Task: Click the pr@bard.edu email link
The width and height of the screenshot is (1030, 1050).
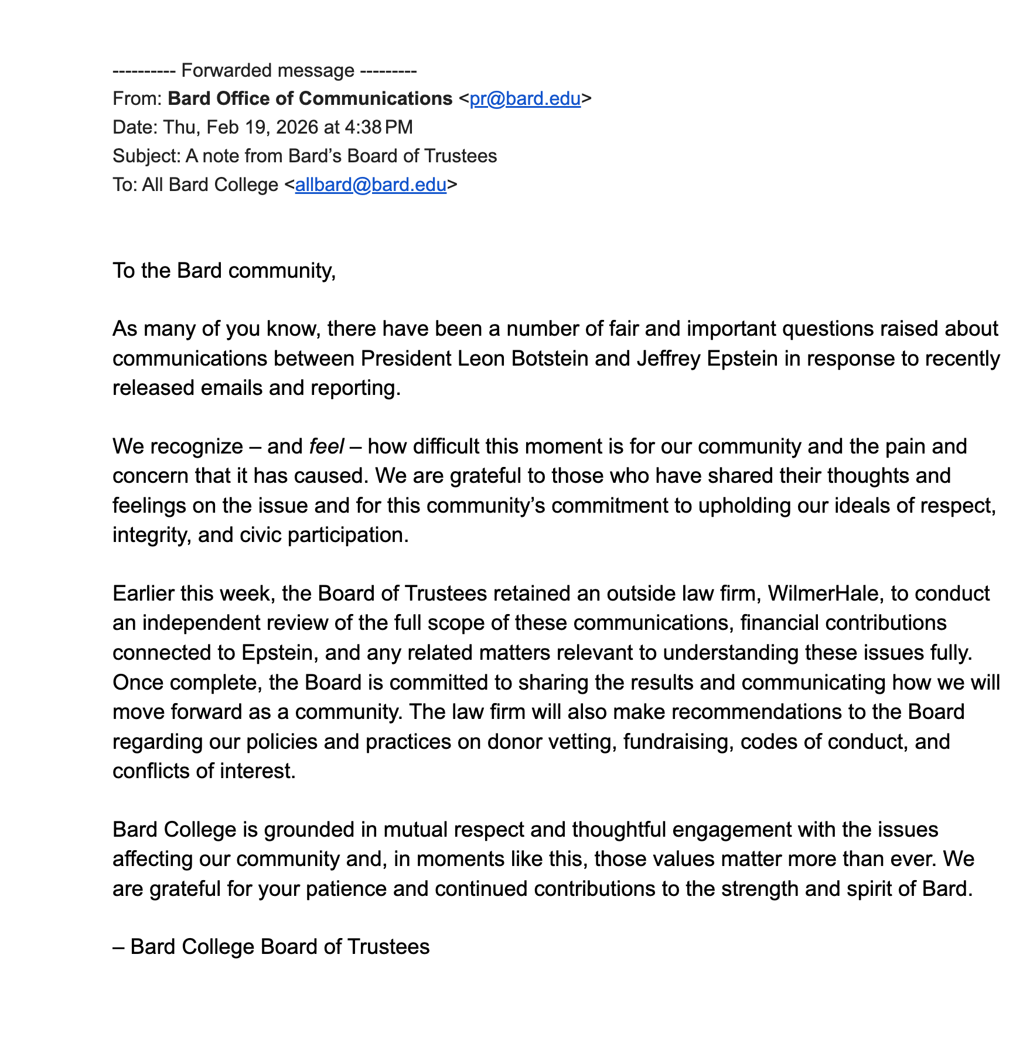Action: [525, 98]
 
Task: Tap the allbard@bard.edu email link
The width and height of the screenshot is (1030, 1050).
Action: [371, 185]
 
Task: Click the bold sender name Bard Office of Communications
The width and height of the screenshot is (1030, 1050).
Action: [310, 98]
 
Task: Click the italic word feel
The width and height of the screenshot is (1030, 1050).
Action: [326, 446]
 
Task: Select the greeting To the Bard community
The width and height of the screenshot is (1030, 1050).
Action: [224, 271]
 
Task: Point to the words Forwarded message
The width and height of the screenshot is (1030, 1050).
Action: [268, 70]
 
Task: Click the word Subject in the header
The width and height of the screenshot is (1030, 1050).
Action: [146, 156]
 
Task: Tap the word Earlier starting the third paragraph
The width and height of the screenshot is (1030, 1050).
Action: [143, 594]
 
